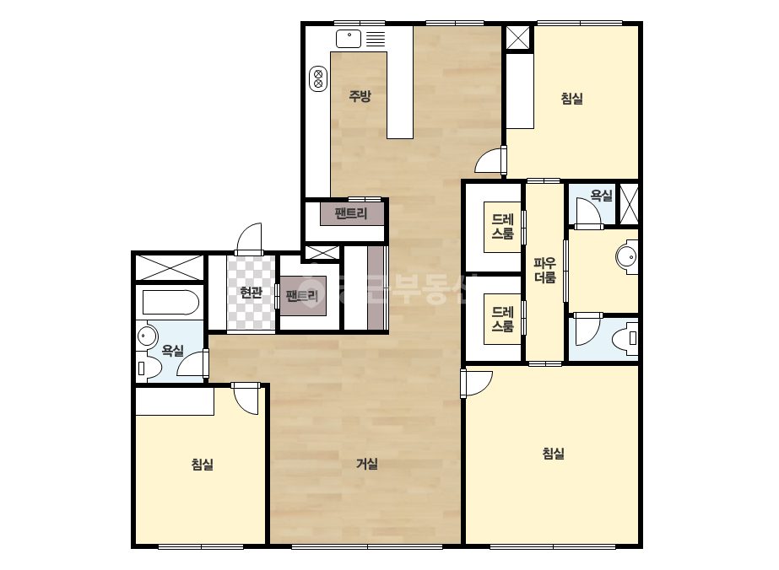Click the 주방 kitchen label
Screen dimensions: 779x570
tap(360, 96)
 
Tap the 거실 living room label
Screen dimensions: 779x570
tap(367, 464)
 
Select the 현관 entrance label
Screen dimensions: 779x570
tap(251, 293)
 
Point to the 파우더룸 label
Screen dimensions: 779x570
tap(545, 270)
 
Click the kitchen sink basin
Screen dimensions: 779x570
tap(349, 39)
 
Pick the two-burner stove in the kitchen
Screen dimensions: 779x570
tap(318, 79)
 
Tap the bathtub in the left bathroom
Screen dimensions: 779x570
tap(170, 303)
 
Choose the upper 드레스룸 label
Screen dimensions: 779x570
tap(502, 227)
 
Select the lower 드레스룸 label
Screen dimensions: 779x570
tap(502, 319)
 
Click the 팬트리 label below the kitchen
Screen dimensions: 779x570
tap(351, 213)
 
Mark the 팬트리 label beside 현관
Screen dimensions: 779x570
tap(302, 296)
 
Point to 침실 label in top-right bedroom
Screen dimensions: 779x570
tap(572, 99)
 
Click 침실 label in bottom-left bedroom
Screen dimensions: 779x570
tap(203, 465)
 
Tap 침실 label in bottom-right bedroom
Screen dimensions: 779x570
tap(553, 454)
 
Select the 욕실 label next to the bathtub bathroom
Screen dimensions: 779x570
tap(173, 351)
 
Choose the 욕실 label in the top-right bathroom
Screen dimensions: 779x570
tap(601, 195)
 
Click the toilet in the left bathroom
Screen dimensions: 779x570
tap(148, 368)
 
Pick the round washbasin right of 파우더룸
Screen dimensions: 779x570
tap(627, 256)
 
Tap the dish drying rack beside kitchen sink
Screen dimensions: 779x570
tap(376, 39)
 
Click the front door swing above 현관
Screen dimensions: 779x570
tap(248, 239)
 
